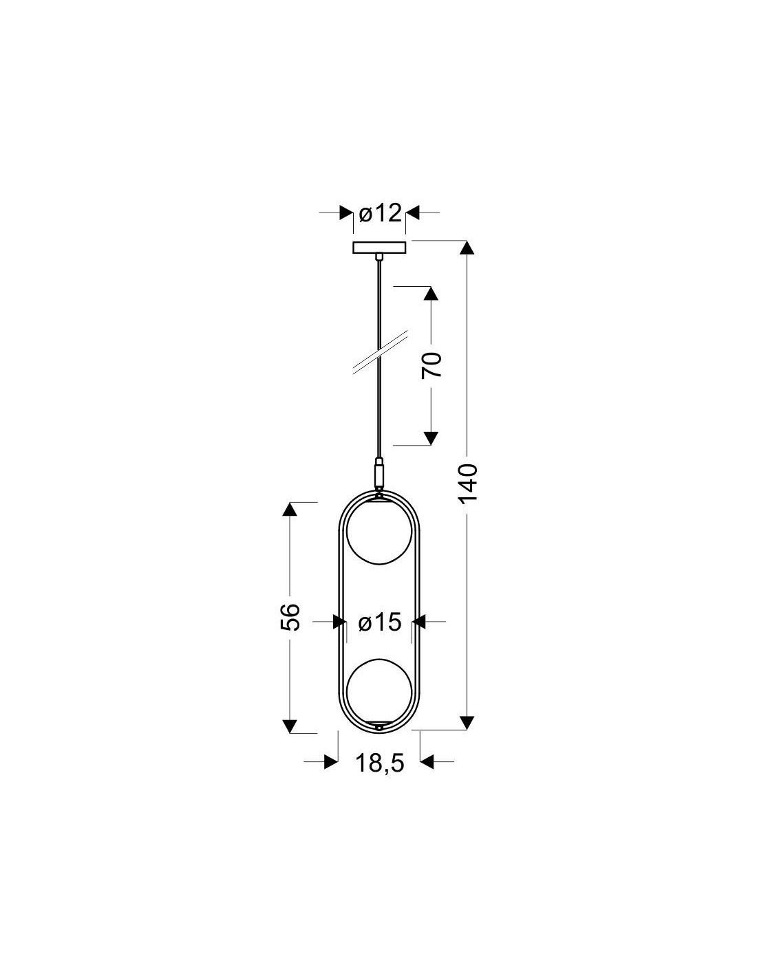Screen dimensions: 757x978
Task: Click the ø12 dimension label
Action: tap(380, 213)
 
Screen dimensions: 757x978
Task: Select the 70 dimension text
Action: tap(431, 365)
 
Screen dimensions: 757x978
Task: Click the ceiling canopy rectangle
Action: tap(379, 247)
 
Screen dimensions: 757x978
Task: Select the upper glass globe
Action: tap(379, 531)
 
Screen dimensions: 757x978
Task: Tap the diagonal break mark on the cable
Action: tap(380, 352)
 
